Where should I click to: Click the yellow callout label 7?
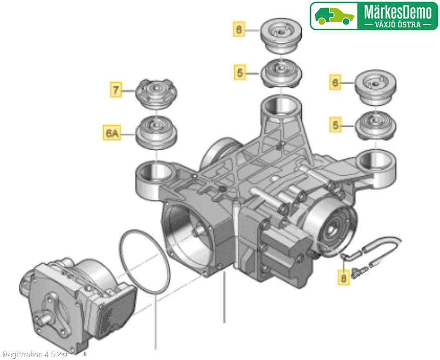tap(116, 89)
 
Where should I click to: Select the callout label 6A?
tap(112, 133)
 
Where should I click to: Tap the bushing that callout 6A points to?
tap(156, 131)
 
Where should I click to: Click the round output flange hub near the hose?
tap(333, 228)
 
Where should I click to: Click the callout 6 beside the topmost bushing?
tap(239, 30)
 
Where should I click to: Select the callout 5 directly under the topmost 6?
tap(240, 72)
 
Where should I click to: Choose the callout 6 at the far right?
tap(335, 83)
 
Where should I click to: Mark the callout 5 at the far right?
tap(335, 125)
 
